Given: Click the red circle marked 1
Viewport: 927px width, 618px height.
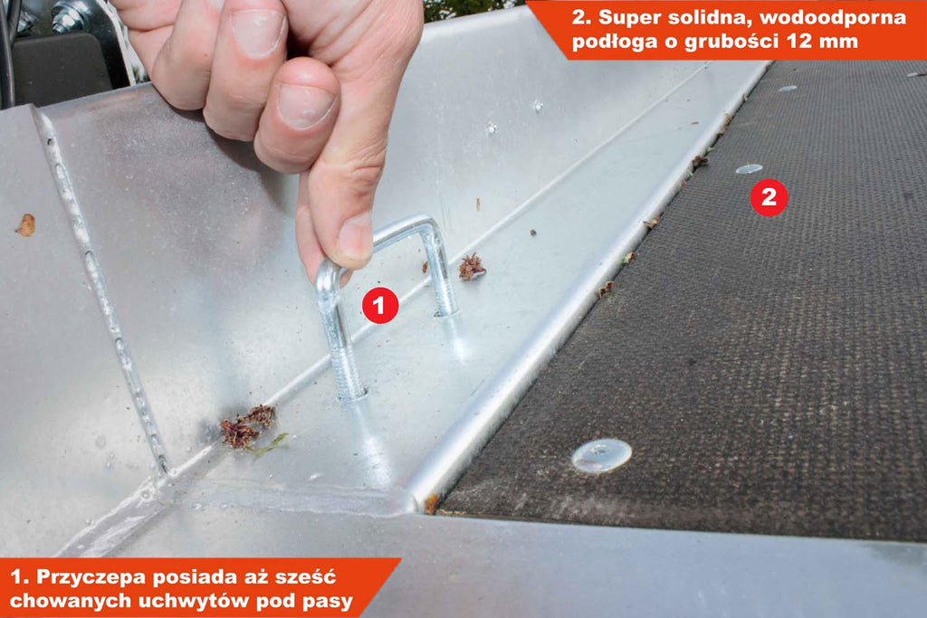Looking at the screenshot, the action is (379, 305).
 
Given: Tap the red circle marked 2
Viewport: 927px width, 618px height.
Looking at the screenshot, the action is (769, 197).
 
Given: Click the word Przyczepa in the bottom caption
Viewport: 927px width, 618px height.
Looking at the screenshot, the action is (91, 576).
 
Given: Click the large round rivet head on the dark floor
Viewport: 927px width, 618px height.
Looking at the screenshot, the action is (601, 455).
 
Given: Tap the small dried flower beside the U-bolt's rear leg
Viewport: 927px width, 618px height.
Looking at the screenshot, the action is (472, 266).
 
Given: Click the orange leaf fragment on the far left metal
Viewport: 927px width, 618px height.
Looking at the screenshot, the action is (25, 225).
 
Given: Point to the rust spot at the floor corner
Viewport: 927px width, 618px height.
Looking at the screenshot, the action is (431, 503).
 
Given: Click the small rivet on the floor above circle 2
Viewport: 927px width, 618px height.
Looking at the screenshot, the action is (749, 169).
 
